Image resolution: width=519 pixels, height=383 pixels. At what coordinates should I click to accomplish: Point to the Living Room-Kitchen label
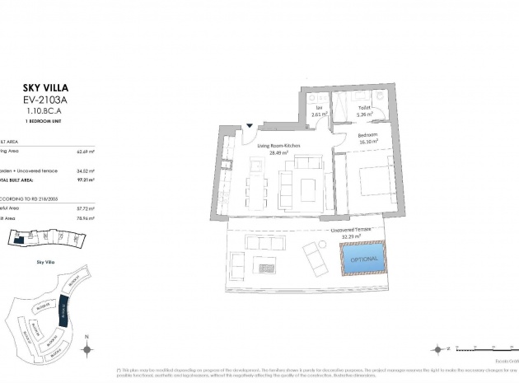coord(278,145)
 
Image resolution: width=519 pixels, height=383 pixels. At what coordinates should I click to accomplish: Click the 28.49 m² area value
coord(278,152)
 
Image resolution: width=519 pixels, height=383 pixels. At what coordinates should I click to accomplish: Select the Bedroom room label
coord(367,134)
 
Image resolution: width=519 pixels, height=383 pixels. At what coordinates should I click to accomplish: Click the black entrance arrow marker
coord(250,126)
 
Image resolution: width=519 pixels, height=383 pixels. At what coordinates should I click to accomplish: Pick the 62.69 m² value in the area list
coord(86,152)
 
